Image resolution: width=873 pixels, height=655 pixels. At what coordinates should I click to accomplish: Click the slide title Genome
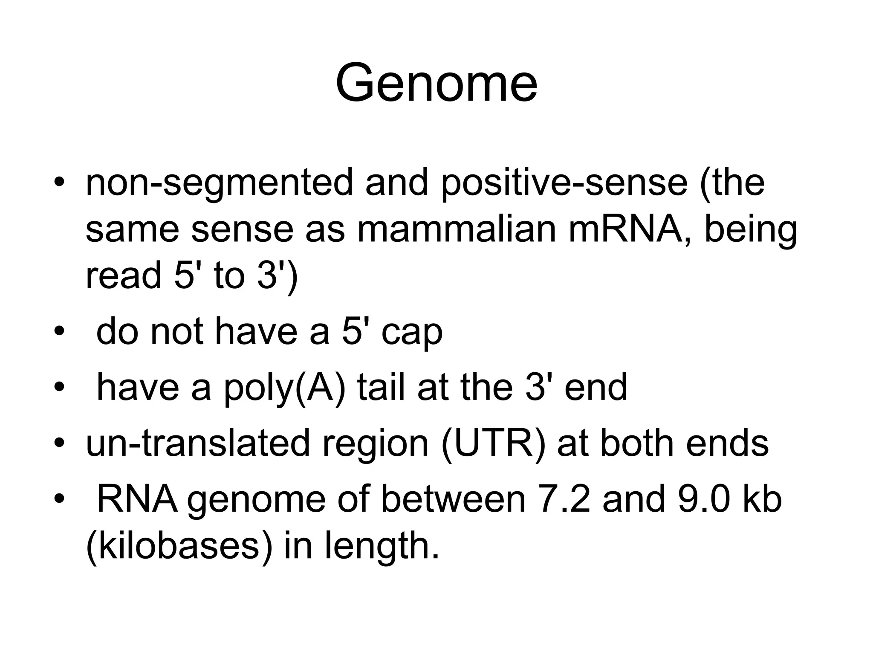pyautogui.click(x=436, y=83)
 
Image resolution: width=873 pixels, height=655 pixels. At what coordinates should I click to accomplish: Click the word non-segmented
pyautogui.click(x=219, y=183)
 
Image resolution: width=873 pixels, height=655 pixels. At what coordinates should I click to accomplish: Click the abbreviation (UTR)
pyautogui.click(x=493, y=443)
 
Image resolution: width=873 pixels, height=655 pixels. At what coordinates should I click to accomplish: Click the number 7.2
pyautogui.click(x=564, y=499)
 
